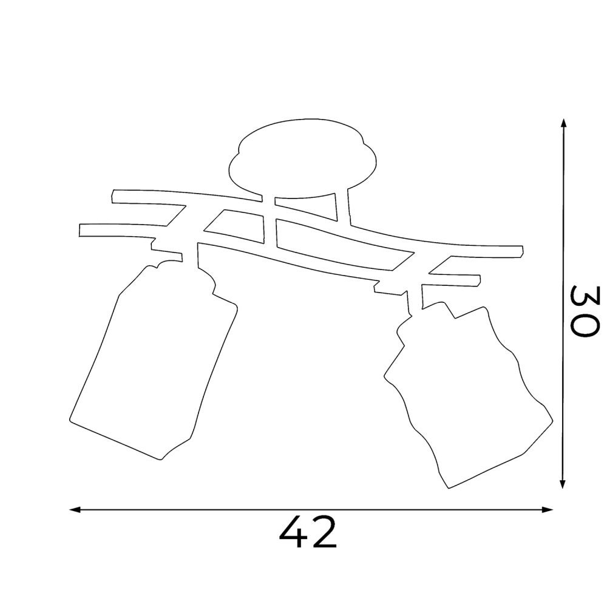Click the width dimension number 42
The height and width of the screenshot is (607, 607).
[308, 532]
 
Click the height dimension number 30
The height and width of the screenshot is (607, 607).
[585, 311]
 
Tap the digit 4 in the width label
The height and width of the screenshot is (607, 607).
[292, 532]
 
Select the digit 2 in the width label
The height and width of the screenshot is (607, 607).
[324, 532]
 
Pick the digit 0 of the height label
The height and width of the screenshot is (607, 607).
[585, 325]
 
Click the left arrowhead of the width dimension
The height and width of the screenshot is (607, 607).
[74, 510]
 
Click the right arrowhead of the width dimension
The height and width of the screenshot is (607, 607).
[547, 510]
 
